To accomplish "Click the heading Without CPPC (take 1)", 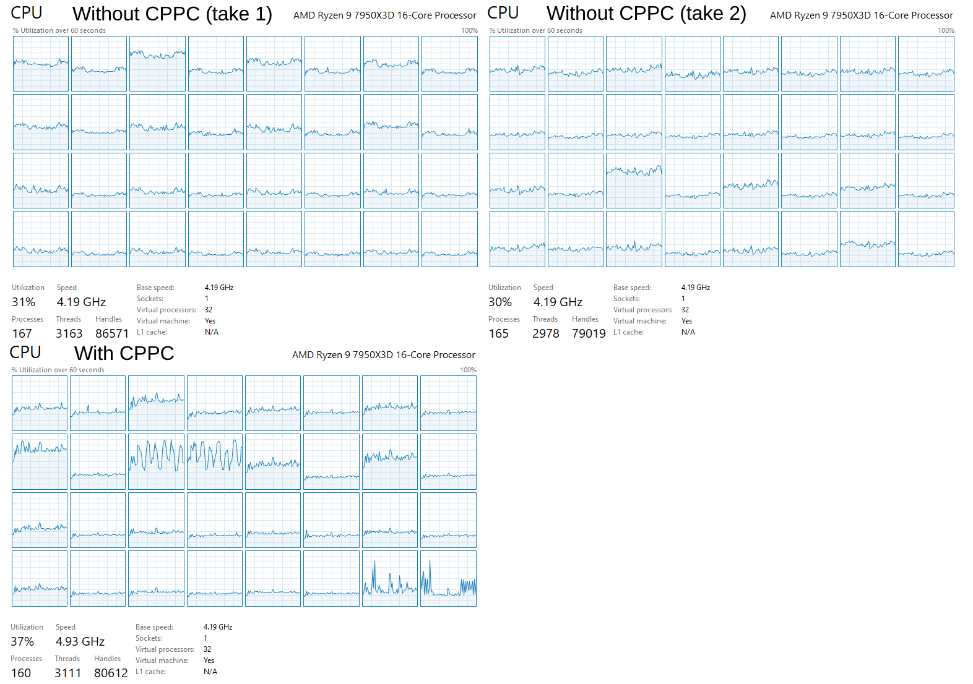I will [172, 14].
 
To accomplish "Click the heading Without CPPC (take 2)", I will [646, 14].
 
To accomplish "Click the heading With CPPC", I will [124, 353].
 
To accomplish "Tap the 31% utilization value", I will [24, 302].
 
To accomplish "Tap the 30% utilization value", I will [500, 302].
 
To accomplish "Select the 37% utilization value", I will [22, 642].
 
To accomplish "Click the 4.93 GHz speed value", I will [80, 642].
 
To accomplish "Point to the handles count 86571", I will [112, 334].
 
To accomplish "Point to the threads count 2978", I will [545, 334].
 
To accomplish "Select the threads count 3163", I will [69, 334].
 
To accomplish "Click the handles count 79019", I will [589, 334].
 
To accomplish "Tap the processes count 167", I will [22, 334].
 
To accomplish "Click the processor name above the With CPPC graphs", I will [383, 355].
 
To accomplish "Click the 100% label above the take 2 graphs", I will [946, 30].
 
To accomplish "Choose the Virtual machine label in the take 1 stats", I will [163, 321].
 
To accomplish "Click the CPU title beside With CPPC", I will [25, 353].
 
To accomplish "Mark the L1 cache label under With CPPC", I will [150, 672].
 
